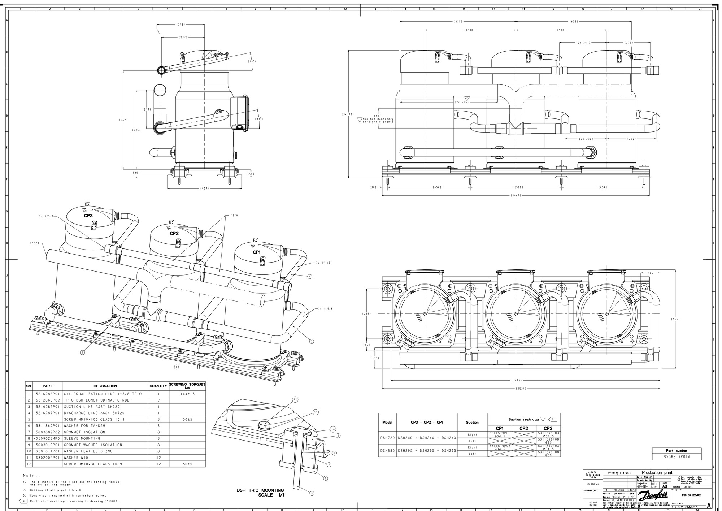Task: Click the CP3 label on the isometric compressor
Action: [88, 216]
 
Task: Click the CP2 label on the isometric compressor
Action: [174, 233]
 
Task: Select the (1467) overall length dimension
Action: [515, 195]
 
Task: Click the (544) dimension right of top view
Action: [675, 319]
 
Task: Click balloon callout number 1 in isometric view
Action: [82, 352]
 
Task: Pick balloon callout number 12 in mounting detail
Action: [295, 400]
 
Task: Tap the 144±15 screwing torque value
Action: [187, 394]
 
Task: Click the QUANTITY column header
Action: [158, 386]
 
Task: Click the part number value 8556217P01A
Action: [677, 457]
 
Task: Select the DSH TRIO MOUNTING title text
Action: [260, 490]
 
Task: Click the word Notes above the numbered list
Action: [32, 476]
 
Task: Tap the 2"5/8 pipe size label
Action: [34, 243]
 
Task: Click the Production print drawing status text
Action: [657, 472]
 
